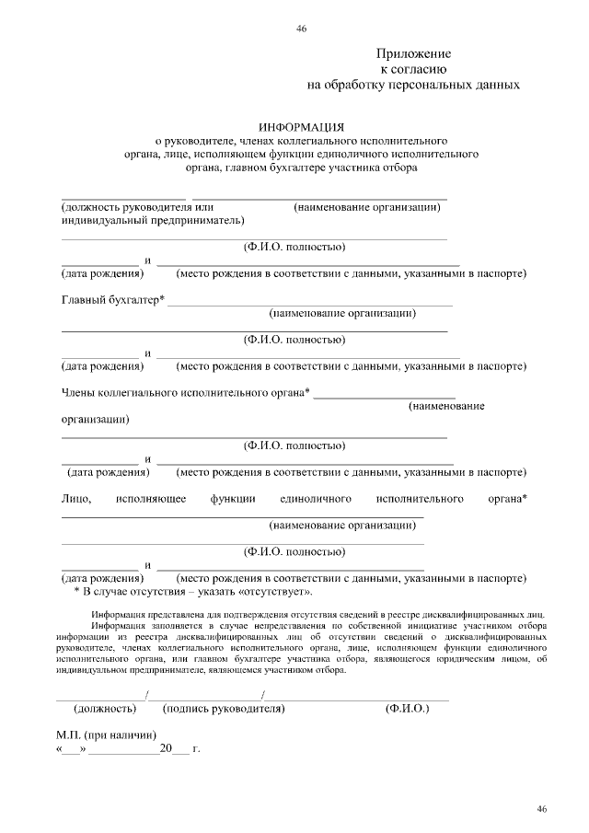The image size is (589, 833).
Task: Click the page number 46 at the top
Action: (301, 29)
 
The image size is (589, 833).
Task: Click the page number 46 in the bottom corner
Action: (543, 808)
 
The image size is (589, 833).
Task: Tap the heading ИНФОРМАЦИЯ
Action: (301, 127)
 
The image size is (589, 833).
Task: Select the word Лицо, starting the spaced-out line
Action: (75, 498)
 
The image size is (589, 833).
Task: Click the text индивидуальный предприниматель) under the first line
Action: (152, 221)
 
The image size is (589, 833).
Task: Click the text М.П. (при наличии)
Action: (107, 735)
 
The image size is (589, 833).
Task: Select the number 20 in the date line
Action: (166, 749)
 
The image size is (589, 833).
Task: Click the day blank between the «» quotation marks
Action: (72, 750)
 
